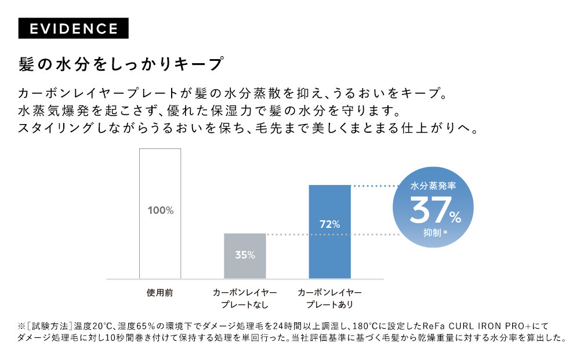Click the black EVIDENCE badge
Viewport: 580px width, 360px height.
pyautogui.click(x=73, y=28)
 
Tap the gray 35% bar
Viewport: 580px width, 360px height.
pyautogui.click(x=245, y=256)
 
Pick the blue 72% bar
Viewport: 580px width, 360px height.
pyautogui.click(x=330, y=231)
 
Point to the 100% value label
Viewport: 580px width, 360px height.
pyautogui.click(x=161, y=210)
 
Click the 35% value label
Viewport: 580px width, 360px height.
pyautogui.click(x=245, y=255)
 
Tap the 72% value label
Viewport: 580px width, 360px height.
pyautogui.click(x=330, y=224)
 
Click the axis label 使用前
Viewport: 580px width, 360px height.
pyautogui.click(x=159, y=293)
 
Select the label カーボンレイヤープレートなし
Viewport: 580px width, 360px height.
pyautogui.click(x=245, y=298)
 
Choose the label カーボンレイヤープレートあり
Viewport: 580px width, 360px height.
pyautogui.click(x=329, y=298)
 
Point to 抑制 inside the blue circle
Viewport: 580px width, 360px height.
pyautogui.click(x=433, y=234)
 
